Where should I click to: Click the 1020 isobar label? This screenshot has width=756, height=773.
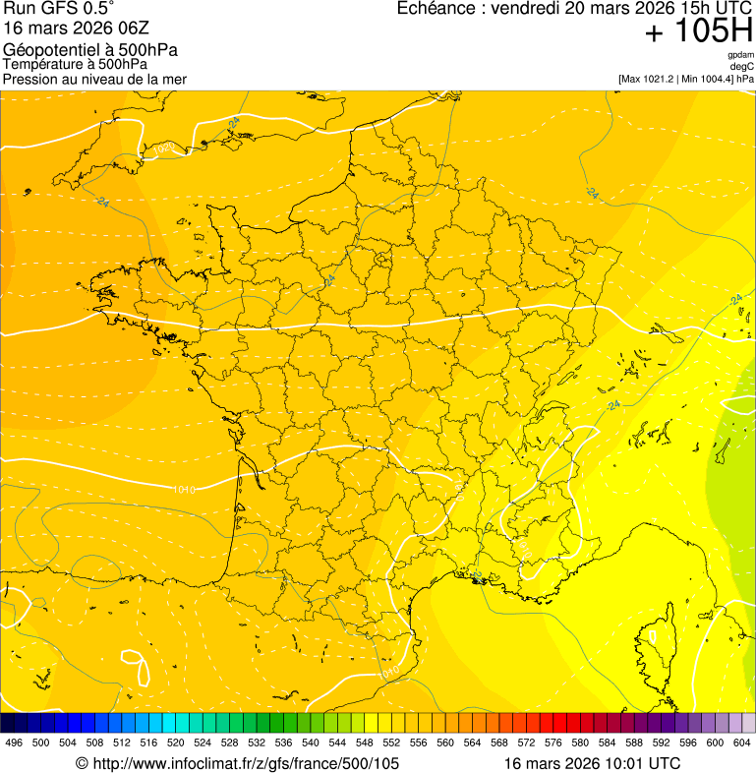click(164, 149)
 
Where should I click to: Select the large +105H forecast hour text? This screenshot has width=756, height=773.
click(698, 31)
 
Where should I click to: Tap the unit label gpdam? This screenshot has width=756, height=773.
click(740, 55)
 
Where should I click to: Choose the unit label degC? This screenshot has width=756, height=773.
click(743, 66)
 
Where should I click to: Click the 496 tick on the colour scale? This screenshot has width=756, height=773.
click(14, 743)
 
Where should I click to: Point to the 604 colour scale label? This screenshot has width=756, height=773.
click(742, 743)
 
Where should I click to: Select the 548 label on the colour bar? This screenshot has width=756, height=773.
click(364, 743)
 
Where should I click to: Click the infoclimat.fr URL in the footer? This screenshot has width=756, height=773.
click(246, 763)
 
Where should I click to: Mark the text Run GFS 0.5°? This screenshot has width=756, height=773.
click(59, 9)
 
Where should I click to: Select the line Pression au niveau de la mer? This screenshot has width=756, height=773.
click(94, 79)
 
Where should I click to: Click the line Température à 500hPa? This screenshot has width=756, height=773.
click(75, 64)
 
